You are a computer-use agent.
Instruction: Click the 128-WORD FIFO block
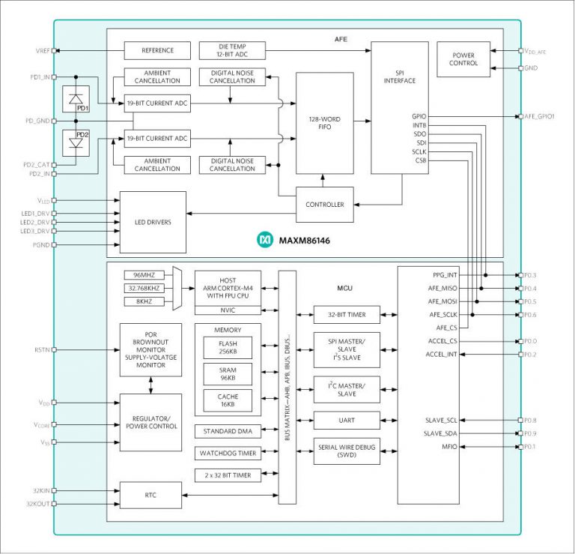[x=324, y=123]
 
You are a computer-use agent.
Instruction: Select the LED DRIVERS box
[x=153, y=222]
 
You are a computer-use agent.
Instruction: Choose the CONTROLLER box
[x=324, y=204]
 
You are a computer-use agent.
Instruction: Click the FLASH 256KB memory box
[x=228, y=348]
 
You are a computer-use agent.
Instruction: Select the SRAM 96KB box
[x=228, y=374]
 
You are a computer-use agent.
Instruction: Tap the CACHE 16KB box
[x=228, y=400]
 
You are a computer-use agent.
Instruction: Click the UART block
[x=346, y=421]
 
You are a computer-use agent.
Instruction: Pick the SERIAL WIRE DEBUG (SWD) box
[x=346, y=451]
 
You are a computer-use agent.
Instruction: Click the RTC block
[x=150, y=495]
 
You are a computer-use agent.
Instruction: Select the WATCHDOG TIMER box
[x=228, y=453]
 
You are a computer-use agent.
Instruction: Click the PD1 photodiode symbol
[x=75, y=100]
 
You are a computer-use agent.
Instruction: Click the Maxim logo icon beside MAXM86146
[x=264, y=239]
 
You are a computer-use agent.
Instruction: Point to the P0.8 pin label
[x=532, y=420]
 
